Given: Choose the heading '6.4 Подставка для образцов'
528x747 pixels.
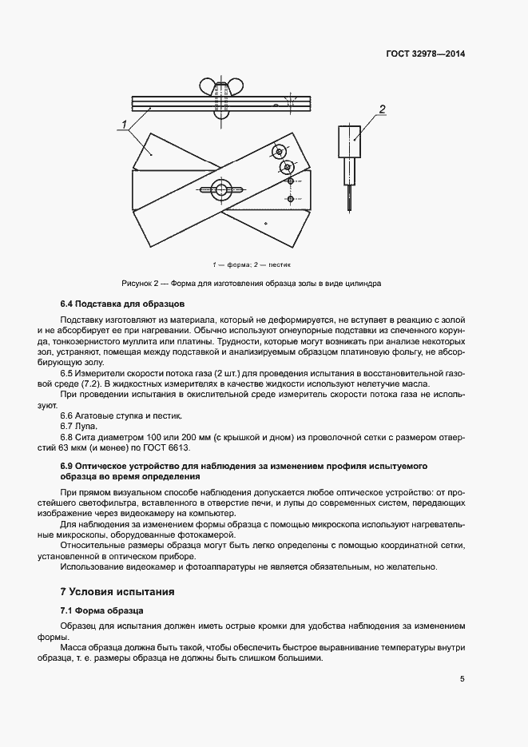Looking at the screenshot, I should (x=122, y=304).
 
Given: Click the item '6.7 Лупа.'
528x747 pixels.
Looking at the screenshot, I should (x=79, y=427).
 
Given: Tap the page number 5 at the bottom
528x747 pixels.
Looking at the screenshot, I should (x=462, y=679).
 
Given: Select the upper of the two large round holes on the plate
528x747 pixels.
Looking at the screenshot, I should (x=278, y=151).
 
